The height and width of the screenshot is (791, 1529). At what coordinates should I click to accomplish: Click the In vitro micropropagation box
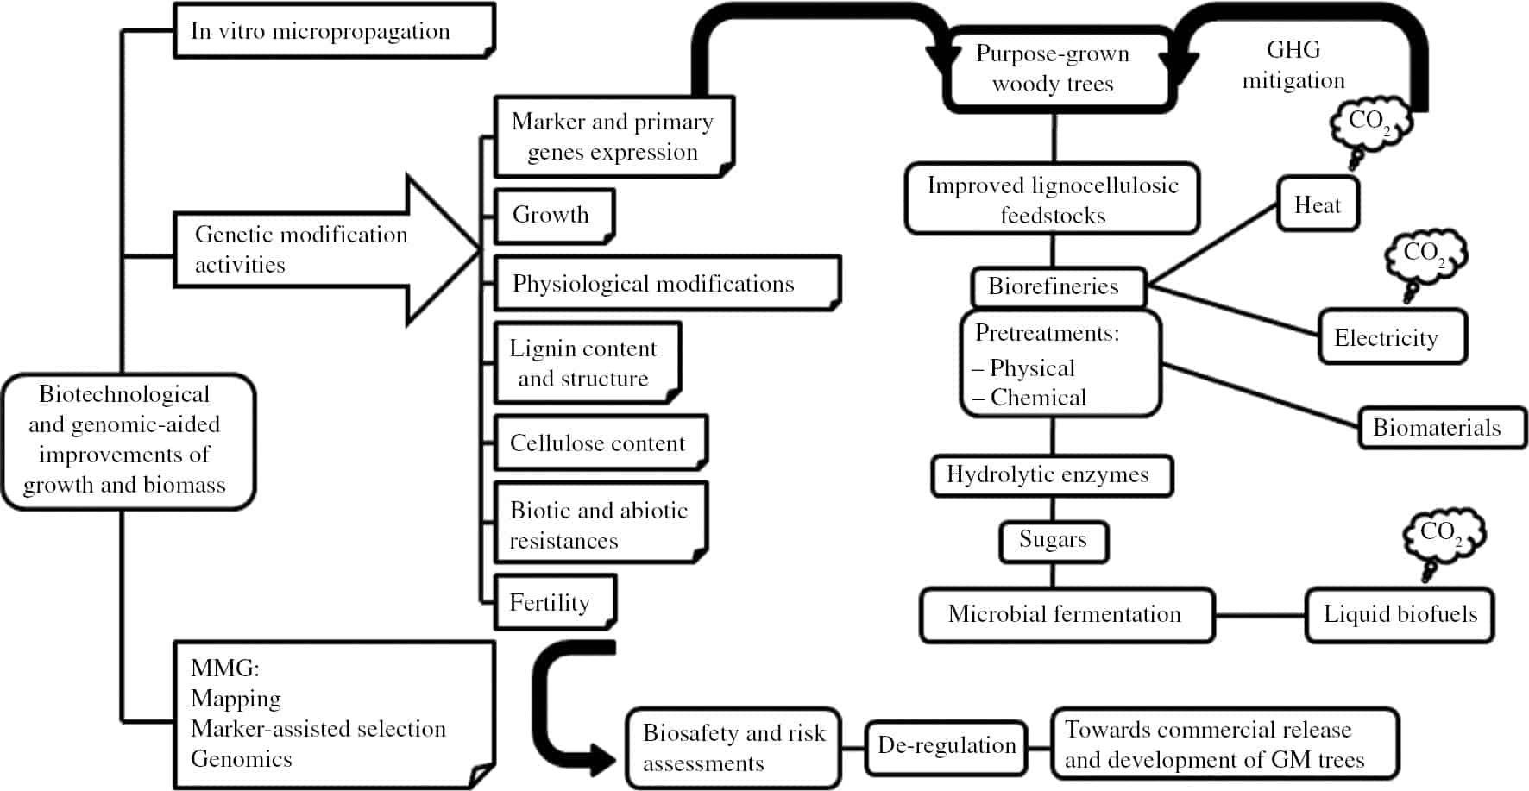coord(334,31)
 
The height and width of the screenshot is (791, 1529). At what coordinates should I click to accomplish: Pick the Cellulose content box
coord(600,443)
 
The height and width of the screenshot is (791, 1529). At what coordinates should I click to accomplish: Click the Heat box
coord(1318,204)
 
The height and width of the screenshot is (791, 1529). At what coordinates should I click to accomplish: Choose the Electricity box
coord(1392,337)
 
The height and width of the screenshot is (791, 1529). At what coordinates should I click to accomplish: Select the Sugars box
coord(1053,541)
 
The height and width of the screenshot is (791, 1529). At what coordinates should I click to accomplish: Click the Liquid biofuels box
coord(1400,615)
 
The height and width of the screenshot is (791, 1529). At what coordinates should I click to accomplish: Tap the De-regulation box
coord(947,746)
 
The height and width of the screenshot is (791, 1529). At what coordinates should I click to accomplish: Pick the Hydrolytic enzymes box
coord(1051,475)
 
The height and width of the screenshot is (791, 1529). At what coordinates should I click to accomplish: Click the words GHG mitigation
coord(1293,66)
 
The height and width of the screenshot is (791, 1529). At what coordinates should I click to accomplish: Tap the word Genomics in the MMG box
coord(242,759)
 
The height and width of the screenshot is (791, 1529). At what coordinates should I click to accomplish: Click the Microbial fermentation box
coord(1066,615)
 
